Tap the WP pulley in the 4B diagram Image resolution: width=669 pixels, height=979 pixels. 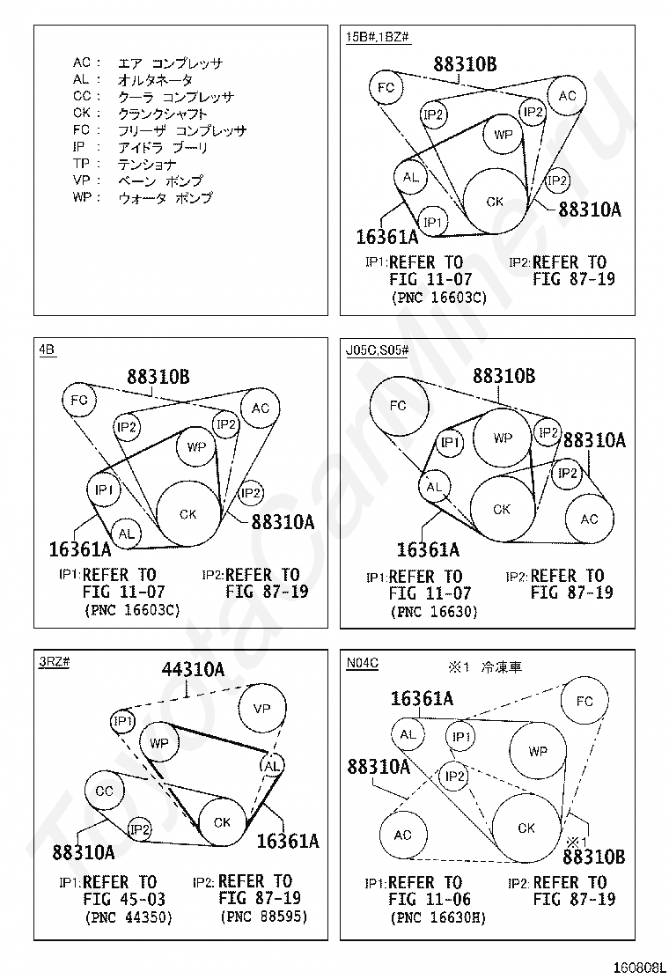point(195,447)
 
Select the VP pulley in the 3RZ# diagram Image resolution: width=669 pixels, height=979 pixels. point(262,709)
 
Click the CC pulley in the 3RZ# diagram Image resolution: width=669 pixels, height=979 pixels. point(105,791)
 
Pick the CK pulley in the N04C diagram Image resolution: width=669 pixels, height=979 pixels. point(526,828)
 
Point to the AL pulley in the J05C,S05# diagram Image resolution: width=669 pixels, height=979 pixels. point(433,486)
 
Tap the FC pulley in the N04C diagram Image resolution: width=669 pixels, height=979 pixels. point(585,702)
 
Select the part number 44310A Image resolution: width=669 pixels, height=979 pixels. point(193,670)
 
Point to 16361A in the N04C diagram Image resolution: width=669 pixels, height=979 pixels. point(422,699)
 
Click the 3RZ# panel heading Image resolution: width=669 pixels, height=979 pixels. point(55,663)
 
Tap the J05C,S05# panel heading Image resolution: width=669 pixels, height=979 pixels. point(377,350)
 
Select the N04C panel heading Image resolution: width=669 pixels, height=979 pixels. point(363,663)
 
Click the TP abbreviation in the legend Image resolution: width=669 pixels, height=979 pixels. point(81,165)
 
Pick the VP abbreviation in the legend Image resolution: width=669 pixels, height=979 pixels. point(81,181)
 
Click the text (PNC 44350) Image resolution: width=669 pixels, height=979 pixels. point(129,917)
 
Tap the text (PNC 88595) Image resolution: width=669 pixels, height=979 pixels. point(263,917)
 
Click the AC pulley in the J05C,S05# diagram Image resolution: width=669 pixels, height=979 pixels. point(589,519)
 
